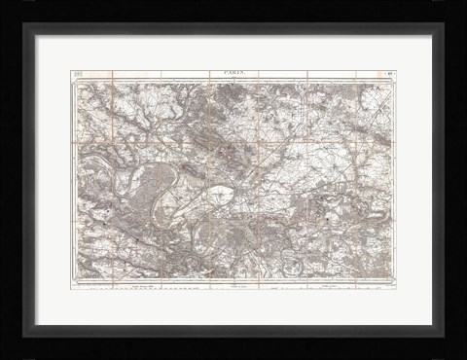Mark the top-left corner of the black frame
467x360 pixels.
[x=4, y=3]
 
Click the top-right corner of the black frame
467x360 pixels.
[x=464, y=3]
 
